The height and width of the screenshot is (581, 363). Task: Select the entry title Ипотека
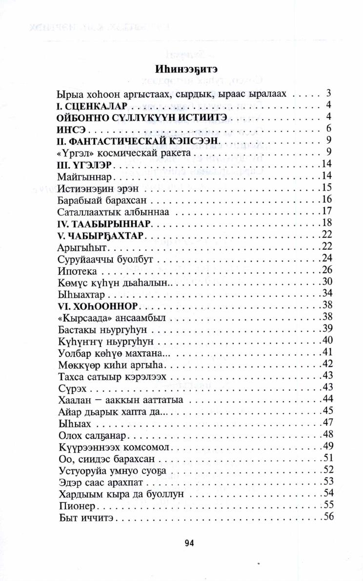(77, 270)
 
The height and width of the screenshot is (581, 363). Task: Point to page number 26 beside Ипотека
(327, 270)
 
